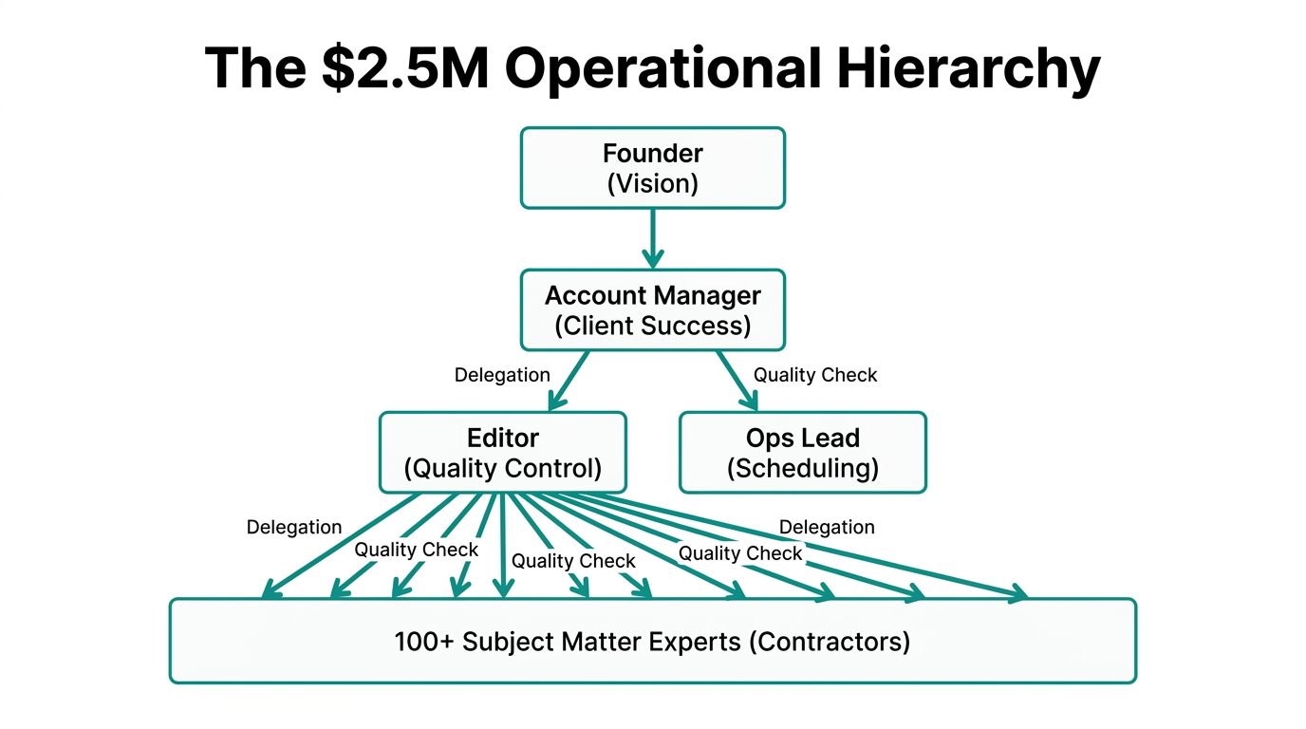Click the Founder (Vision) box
click(652, 168)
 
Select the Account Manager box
click(652, 309)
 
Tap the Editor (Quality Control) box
click(502, 452)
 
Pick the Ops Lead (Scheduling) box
click(802, 452)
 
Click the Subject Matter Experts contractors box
click(652, 641)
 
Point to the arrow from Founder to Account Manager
click(652, 237)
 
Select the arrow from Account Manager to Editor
click(569, 380)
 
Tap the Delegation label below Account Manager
click(502, 375)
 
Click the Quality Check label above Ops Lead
click(815, 375)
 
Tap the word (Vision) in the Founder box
click(652, 183)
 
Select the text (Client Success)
click(652, 326)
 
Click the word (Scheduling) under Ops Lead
click(802, 468)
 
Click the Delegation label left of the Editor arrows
click(294, 527)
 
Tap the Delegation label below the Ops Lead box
click(827, 527)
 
